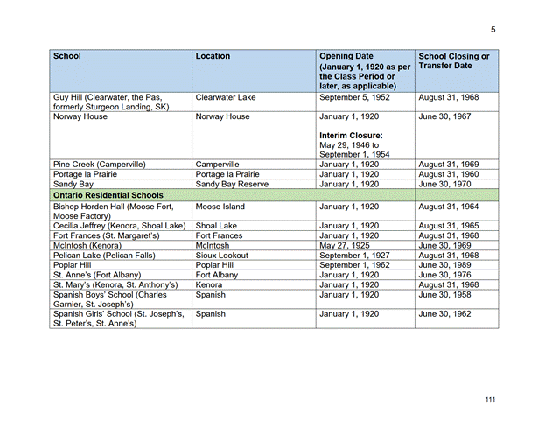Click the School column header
[67, 56]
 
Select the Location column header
[213, 56]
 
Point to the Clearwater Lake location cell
[226, 98]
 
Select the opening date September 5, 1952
[355, 98]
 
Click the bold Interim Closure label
[351, 136]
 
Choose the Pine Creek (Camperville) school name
[99, 164]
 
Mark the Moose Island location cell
[220, 207]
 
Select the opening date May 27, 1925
[347, 246]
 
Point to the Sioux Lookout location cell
[222, 256]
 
